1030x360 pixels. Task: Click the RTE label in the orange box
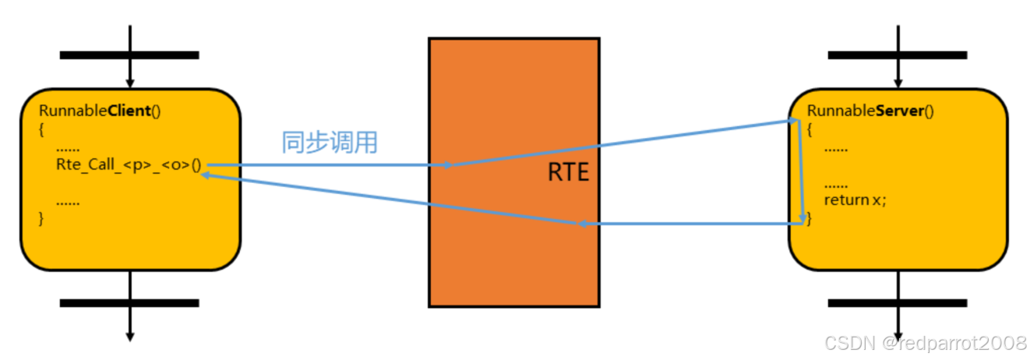568,172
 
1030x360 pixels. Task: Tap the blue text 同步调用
329,143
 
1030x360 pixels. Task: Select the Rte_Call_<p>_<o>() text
128,164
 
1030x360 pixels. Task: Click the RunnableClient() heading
100,111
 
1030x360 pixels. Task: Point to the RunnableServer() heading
870,111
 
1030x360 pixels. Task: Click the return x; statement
855,200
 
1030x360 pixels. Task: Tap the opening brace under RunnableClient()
41,129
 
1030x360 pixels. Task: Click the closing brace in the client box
41,218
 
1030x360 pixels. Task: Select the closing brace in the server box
809,219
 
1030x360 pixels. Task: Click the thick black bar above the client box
129,55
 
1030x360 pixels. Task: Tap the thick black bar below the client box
129,302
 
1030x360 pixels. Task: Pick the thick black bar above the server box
898,55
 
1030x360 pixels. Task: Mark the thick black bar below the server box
898,302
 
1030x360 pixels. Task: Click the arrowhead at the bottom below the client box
130,336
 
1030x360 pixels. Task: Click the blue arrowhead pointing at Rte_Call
206,175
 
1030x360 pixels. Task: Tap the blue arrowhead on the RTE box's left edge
446,165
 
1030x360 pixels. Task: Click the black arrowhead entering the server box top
898,83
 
